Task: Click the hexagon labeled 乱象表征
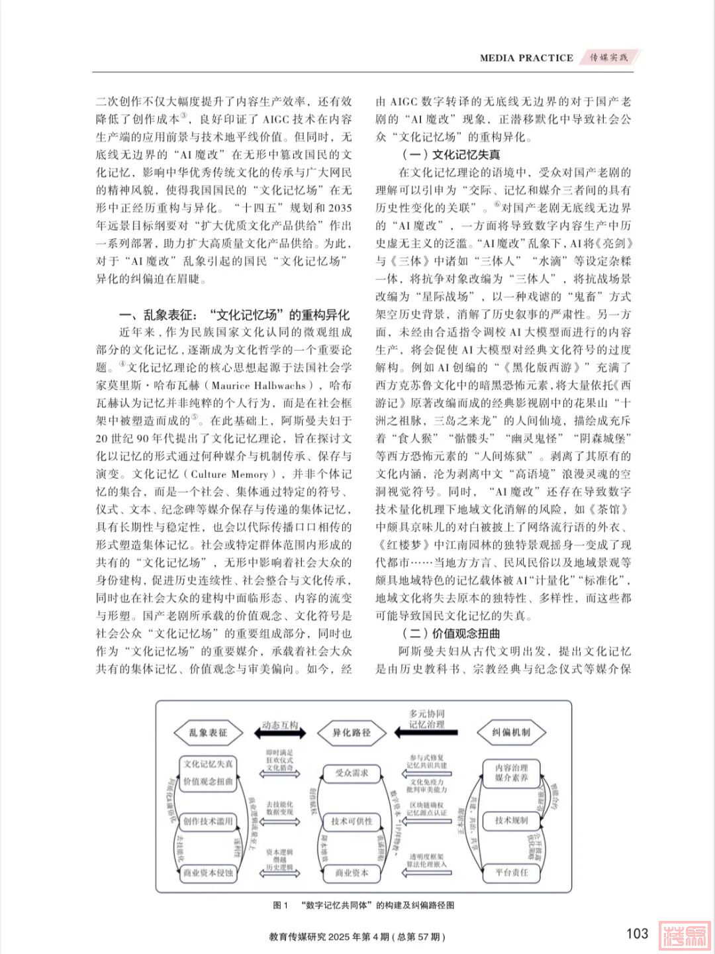(x=208, y=733)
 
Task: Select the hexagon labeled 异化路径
(x=352, y=733)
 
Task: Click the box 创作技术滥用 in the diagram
(x=208, y=821)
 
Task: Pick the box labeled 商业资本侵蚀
(x=208, y=873)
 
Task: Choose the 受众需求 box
(x=352, y=772)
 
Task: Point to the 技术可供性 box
(x=352, y=821)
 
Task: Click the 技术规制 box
(x=511, y=821)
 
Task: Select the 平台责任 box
(x=511, y=873)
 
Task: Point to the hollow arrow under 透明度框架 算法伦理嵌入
(x=428, y=873)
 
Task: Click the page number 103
(x=636, y=933)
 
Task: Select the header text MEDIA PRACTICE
(x=526, y=58)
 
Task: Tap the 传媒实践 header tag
(x=610, y=58)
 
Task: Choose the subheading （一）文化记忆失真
(x=451, y=156)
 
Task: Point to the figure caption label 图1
(x=281, y=905)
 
